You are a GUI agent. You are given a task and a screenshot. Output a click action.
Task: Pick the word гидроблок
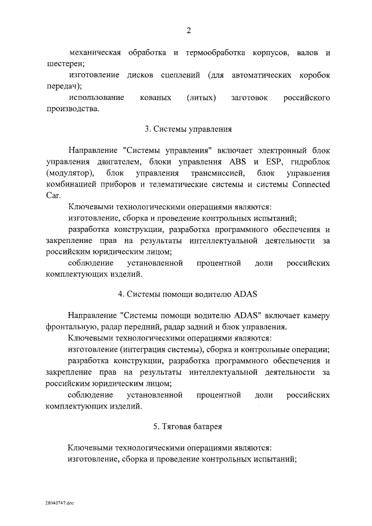310,162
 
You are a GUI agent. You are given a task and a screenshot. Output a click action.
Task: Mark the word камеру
314,316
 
